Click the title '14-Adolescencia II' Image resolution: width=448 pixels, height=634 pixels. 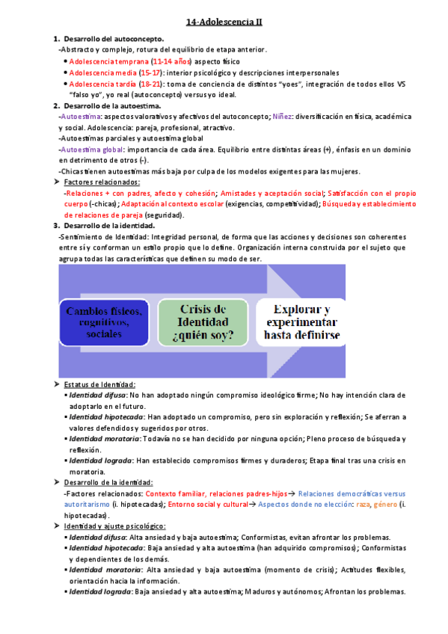[224, 22]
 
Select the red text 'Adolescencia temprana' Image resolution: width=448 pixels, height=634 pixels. [108, 61]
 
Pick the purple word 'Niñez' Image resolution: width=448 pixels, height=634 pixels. [282, 117]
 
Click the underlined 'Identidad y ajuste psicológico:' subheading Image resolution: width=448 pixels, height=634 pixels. [114, 526]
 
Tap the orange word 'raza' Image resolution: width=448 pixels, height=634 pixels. [363, 505]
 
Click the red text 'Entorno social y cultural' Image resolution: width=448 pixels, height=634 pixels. [207, 505]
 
